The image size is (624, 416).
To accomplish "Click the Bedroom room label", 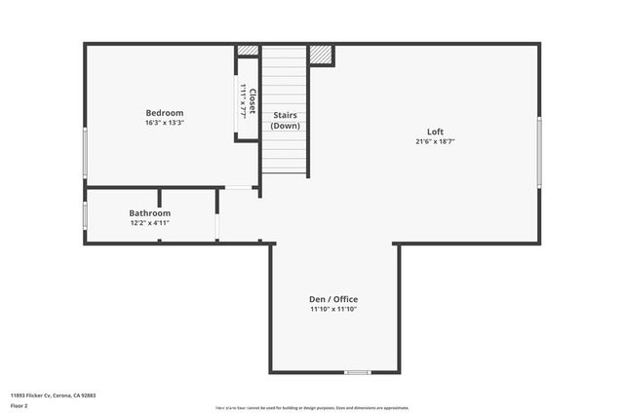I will (x=164, y=113).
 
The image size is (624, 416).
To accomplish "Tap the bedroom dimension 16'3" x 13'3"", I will (x=164, y=124).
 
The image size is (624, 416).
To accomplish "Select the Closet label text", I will (x=253, y=102).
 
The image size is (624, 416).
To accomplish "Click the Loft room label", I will (x=435, y=132).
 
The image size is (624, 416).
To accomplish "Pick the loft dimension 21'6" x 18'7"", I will (x=435, y=142).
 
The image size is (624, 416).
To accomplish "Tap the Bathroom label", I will (x=150, y=212).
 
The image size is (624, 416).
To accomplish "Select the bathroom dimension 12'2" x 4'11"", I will (x=150, y=223).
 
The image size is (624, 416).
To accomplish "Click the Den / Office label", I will (x=333, y=299).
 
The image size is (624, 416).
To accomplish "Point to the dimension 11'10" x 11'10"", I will (x=333, y=310).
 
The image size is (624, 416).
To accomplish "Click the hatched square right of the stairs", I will (x=321, y=55).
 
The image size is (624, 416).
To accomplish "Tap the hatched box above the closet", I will (x=248, y=50).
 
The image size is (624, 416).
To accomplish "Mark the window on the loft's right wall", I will (x=539, y=152).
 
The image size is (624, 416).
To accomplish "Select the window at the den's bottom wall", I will (x=357, y=372).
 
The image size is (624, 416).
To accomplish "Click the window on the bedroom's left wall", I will (x=85, y=153).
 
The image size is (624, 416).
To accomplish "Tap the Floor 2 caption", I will (x=19, y=405).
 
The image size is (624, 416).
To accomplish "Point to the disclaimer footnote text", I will (x=311, y=408).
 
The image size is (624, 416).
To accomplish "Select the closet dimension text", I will (x=243, y=102).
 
